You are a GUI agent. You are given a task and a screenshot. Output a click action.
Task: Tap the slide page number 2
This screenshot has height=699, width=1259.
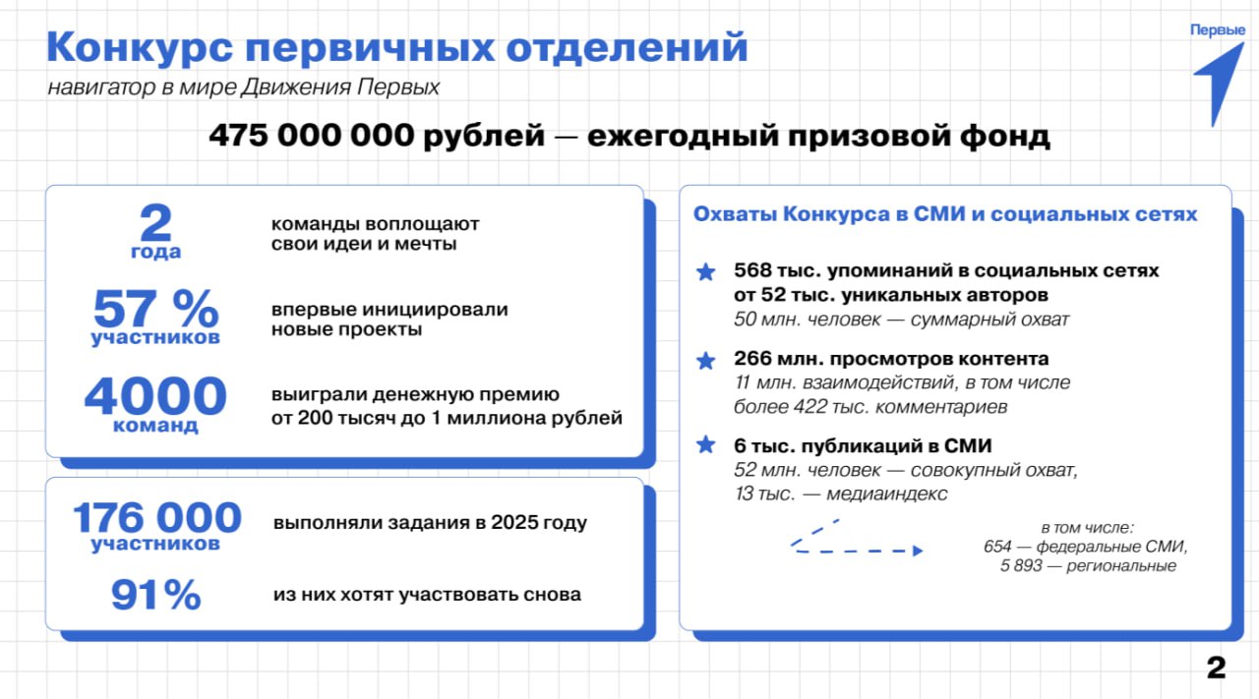pyautogui.click(x=1217, y=669)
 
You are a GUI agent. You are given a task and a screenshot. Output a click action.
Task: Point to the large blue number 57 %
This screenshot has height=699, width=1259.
pyautogui.click(x=155, y=310)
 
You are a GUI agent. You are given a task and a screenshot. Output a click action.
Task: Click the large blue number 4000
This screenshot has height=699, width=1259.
pyautogui.click(x=155, y=396)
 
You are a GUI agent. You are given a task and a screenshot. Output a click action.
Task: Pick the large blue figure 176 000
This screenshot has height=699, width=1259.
pyautogui.click(x=156, y=517)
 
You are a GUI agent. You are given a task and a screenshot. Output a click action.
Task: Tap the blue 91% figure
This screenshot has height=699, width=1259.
pyautogui.click(x=155, y=596)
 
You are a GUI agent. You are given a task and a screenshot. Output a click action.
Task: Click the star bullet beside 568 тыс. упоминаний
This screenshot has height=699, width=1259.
pyautogui.click(x=705, y=272)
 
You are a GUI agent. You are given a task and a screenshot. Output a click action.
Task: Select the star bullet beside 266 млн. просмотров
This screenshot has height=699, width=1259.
pyautogui.click(x=705, y=361)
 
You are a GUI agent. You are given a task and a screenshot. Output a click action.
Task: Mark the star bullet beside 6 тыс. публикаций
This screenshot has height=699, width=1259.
pyautogui.click(x=705, y=445)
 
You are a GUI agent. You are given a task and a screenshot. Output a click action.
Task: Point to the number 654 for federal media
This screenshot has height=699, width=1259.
pyautogui.click(x=998, y=547)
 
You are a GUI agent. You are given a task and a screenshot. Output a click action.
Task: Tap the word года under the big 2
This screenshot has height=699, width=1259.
pyautogui.click(x=155, y=252)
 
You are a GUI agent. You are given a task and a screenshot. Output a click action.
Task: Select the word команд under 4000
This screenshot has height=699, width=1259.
pyautogui.click(x=155, y=426)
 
